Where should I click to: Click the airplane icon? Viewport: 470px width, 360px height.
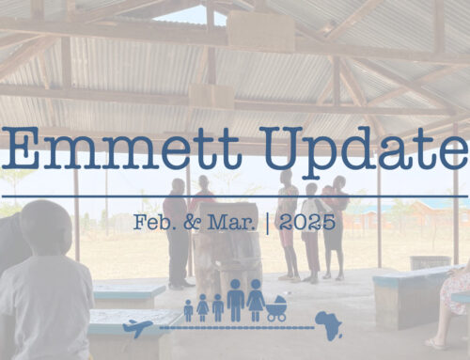137,327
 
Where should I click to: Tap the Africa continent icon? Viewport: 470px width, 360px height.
329,325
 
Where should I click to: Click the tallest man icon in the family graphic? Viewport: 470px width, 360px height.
235,301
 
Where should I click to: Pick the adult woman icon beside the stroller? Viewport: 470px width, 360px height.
255,303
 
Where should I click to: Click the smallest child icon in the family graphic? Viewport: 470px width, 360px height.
188,310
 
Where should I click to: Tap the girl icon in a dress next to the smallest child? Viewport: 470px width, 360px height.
202,307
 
